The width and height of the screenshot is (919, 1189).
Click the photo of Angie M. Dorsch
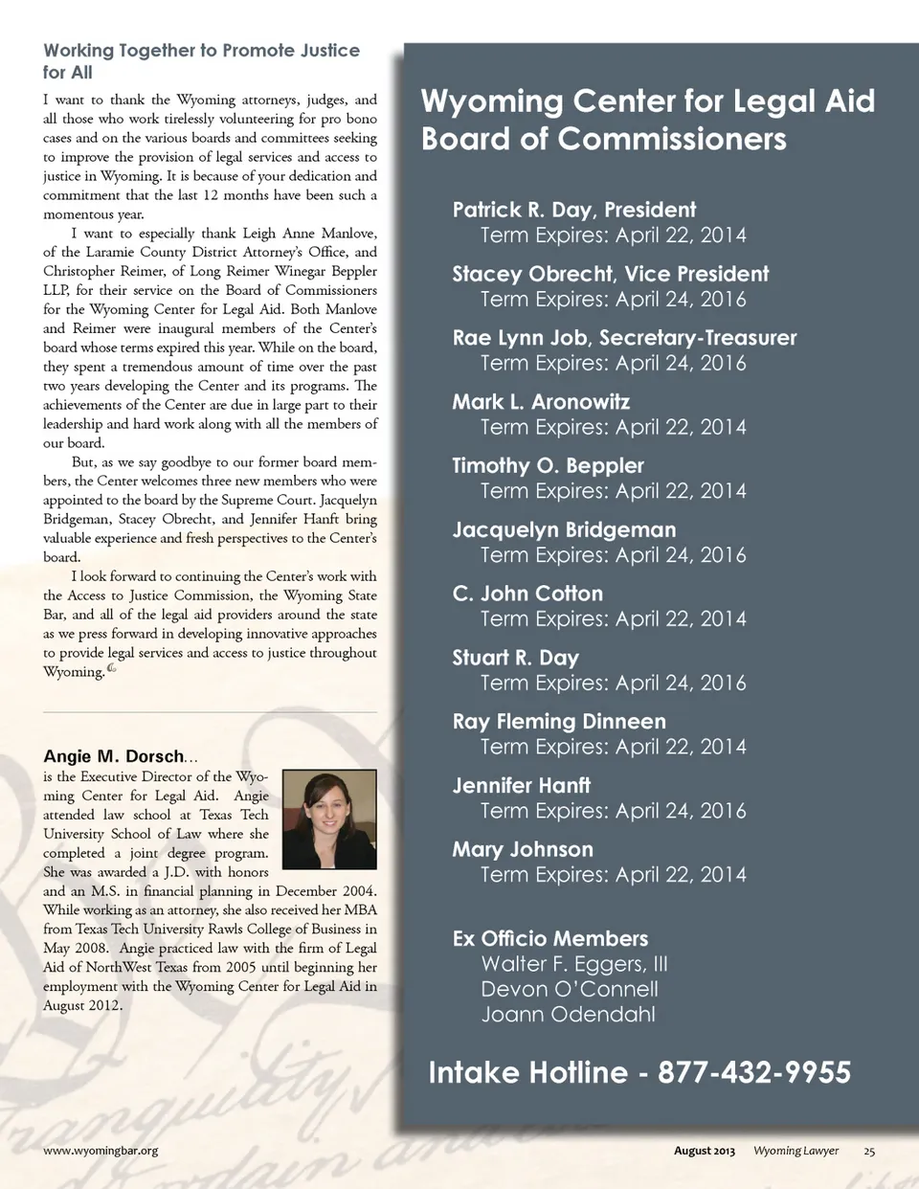327,819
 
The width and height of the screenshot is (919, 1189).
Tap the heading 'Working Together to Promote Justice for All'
201,61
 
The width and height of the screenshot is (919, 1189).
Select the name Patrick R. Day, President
573,210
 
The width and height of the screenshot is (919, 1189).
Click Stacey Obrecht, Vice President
610,274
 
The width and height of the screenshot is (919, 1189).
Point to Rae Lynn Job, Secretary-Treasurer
624,338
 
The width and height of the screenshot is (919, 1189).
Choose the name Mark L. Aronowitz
541,402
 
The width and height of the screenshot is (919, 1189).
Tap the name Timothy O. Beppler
548,466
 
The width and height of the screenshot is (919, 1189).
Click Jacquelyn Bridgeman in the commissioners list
564,530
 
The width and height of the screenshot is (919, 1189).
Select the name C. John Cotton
527,594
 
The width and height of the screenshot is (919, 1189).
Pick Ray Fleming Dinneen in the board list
559,722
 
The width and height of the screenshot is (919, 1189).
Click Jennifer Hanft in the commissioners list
521,786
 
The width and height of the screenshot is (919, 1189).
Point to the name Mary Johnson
523,850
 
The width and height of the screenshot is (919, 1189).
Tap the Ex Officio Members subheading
550,939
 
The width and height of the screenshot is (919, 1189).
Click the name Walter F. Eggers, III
574,964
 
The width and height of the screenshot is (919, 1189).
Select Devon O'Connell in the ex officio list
570,989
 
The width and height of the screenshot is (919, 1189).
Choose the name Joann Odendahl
568,1015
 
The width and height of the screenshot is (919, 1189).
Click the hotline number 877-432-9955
754,1072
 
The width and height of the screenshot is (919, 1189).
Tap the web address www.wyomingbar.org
101,1151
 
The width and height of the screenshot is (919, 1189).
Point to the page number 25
869,1151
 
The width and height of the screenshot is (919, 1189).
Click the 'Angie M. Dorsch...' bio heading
121,756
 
